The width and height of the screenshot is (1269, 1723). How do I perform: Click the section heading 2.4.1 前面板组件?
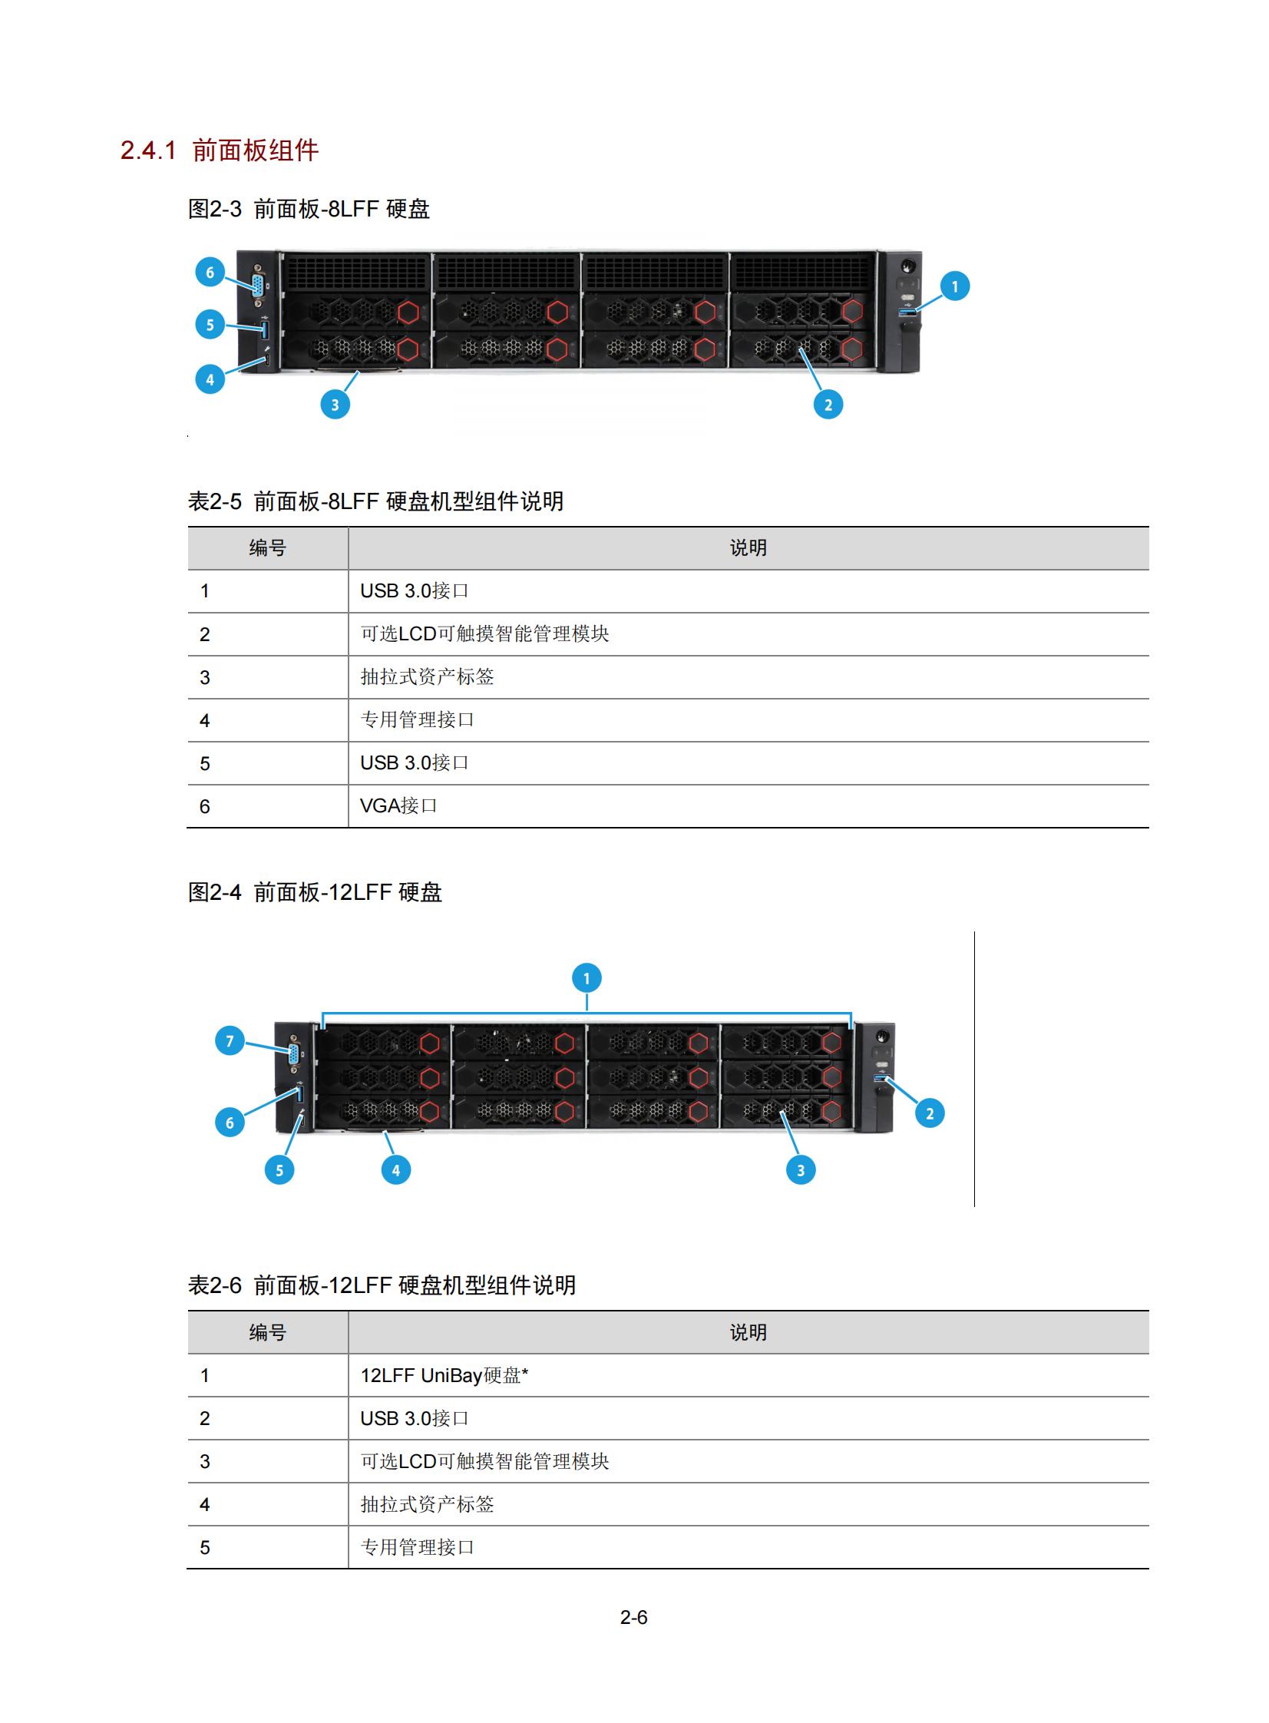point(220,150)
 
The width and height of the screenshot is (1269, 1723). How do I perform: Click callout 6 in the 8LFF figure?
point(210,272)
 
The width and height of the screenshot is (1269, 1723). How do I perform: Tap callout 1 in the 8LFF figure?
point(955,286)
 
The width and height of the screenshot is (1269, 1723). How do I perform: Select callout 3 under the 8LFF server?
point(335,405)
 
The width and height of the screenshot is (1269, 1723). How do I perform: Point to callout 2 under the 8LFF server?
point(828,405)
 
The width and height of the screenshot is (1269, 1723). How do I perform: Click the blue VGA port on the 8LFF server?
point(258,286)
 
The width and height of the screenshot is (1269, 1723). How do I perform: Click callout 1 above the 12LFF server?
point(587,979)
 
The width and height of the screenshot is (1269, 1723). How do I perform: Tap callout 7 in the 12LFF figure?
point(230,1041)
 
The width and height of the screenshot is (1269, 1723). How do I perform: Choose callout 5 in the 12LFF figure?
point(279,1170)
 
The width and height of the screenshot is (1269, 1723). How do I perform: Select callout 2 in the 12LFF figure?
point(930,1113)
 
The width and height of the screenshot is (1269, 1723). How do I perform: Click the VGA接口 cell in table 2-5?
point(398,805)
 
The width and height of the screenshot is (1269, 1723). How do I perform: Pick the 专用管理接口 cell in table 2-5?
point(417,719)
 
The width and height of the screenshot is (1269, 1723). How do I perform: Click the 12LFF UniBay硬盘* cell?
point(444,1375)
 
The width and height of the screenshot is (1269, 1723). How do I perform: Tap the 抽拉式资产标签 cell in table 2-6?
point(427,1504)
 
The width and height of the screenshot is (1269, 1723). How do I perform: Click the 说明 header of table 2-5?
point(749,547)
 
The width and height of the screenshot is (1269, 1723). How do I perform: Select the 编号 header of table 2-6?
point(267,1332)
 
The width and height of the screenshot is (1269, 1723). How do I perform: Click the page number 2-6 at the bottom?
point(633,1618)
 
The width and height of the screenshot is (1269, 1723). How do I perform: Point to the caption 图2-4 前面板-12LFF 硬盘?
point(315,892)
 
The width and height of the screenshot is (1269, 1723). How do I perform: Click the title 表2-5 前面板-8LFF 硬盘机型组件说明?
point(375,501)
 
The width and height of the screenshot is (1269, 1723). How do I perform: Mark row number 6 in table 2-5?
point(204,806)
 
